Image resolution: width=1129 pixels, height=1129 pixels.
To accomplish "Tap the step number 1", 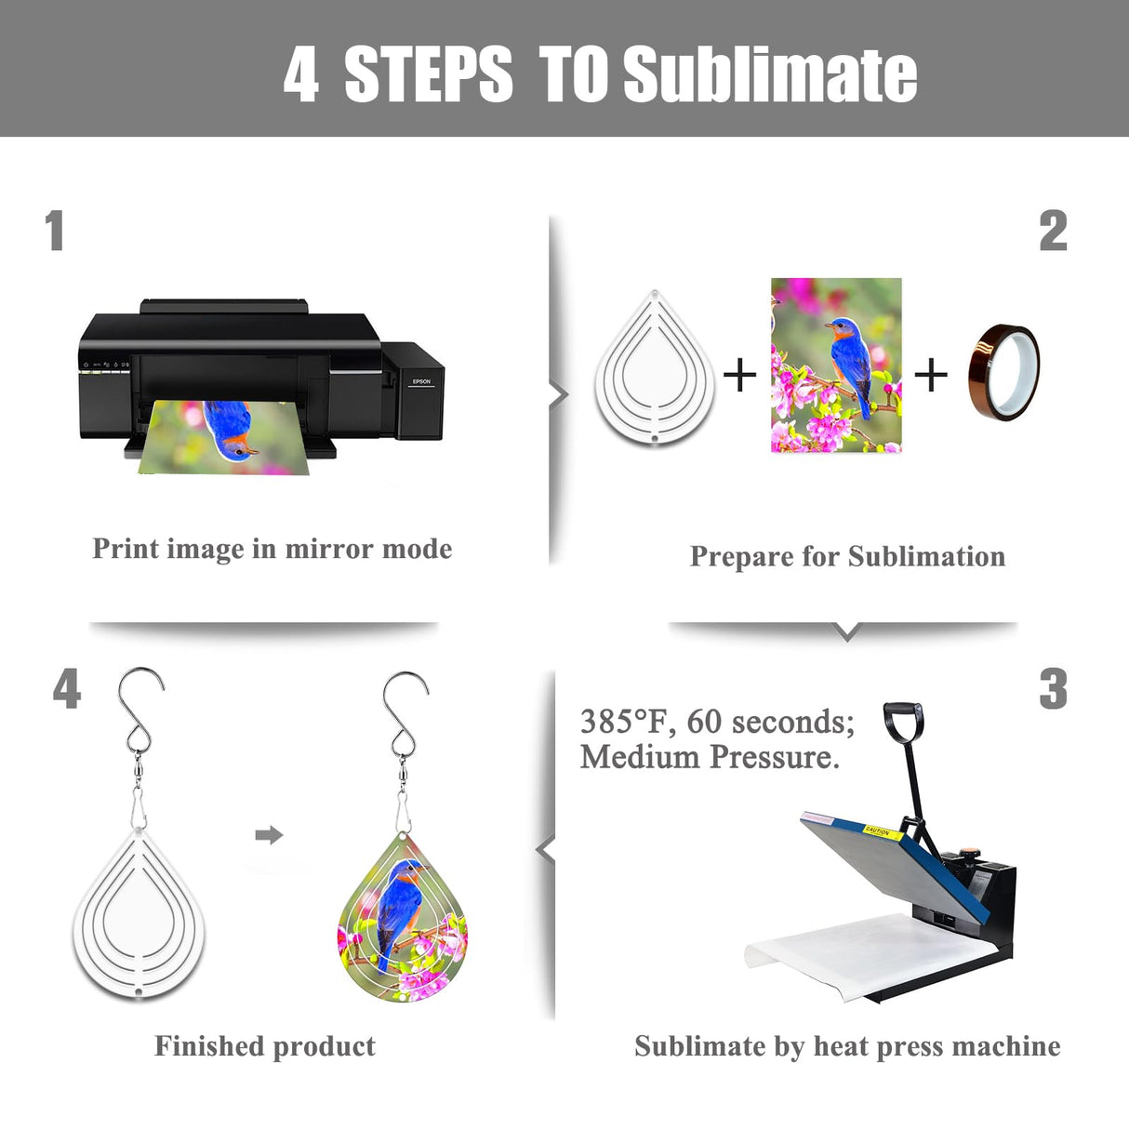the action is coord(55,231).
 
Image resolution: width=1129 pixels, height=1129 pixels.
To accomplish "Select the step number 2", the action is coord(1053,231).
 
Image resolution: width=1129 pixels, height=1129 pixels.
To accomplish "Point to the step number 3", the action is coord(1053,689).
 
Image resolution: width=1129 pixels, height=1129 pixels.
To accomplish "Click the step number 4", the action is coord(66,689).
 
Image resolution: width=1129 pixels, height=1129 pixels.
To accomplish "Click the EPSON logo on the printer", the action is coord(421,381).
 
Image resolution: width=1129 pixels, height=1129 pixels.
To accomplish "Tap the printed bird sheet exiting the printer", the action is coord(224,437).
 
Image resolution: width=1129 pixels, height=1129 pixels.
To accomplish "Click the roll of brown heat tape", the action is coord(1003,373).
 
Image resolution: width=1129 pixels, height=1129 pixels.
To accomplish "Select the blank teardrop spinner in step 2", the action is coord(655,368).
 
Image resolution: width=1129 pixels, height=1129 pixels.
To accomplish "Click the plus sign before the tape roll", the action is coord(931,374).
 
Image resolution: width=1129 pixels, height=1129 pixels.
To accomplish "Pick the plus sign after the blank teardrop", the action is coord(740,374).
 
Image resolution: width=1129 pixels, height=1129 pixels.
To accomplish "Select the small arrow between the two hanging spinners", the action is coord(269,835).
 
